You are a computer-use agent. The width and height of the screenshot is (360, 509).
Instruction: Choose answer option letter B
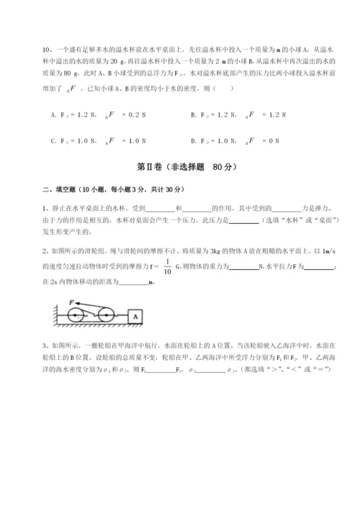(x=193, y=115)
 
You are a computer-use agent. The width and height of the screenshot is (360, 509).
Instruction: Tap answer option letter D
(x=193, y=141)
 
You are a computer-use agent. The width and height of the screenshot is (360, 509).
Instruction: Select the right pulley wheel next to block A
(x=107, y=315)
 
